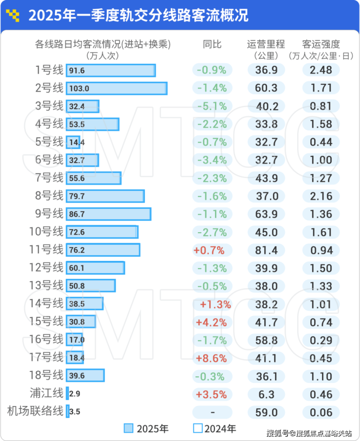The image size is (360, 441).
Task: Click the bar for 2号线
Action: click(117, 88)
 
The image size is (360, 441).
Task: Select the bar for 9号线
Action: click(108, 214)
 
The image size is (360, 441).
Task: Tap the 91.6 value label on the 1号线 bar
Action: click(77, 71)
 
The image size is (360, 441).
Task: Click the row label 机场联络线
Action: click(35, 412)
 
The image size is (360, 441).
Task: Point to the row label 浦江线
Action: click(46, 394)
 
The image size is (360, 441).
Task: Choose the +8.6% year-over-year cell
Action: click(211, 358)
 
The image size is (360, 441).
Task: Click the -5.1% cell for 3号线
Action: click(212, 106)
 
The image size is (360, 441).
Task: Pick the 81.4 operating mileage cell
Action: click(267, 250)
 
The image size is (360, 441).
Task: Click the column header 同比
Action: click(212, 44)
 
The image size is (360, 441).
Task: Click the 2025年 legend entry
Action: click(146, 429)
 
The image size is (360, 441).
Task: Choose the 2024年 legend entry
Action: click(215, 429)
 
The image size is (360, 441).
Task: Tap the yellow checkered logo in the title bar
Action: click(14, 16)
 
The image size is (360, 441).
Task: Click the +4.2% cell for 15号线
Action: click(211, 322)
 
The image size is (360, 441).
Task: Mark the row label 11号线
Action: click(46, 250)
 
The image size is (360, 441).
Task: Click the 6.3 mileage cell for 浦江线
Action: click(267, 394)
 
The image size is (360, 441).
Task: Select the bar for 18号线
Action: click(85, 376)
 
